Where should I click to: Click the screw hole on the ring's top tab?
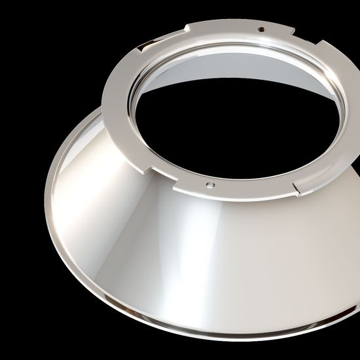pyautogui.click(x=261, y=28)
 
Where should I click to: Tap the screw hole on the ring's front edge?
pyautogui.click(x=208, y=184)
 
